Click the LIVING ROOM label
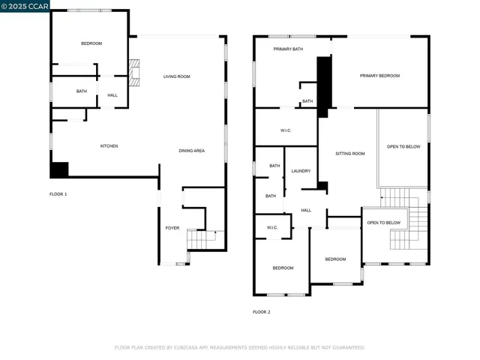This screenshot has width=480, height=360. point(177,76)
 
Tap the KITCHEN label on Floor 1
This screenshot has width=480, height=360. point(109,145)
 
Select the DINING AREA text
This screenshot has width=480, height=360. point(191,151)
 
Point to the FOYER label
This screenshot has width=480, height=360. point(172,227)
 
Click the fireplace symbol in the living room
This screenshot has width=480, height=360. point(134,73)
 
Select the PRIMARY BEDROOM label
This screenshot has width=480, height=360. point(379,76)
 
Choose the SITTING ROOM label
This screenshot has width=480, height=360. point(349,153)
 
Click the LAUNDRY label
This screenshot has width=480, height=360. point(301,171)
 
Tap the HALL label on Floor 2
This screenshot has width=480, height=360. point(306,210)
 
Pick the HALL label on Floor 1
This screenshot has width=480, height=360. point(112,95)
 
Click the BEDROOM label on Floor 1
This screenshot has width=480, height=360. point(91,43)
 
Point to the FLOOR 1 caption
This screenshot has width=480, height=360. point(58,194)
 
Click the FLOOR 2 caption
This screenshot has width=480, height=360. point(261,311)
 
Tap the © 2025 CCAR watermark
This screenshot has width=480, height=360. point(25,6)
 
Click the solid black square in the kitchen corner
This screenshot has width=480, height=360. point(59,169)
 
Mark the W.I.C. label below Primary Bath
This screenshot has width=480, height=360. point(286,130)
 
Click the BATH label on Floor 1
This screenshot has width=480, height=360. point(82,91)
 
